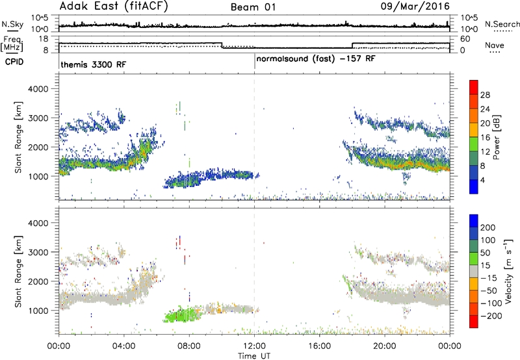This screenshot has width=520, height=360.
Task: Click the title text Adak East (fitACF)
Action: pos(114,6)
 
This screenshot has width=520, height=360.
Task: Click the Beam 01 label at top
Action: pos(253,7)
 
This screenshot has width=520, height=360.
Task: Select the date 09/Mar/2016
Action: pos(415,6)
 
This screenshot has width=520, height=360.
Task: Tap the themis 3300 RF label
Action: pos(93,64)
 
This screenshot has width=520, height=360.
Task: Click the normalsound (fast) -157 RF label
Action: pos(316,59)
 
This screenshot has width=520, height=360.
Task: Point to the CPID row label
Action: pos(14,62)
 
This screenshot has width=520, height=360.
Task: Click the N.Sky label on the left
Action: pos(12,24)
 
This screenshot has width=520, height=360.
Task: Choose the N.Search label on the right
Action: pos(502,24)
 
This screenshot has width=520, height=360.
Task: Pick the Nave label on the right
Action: pos(495,45)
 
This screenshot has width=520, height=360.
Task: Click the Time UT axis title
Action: pos(254,356)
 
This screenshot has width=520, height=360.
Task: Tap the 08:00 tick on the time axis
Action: pos(189,346)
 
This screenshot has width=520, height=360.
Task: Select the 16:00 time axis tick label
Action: pos(319,346)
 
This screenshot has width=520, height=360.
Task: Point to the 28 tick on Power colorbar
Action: pos(485,95)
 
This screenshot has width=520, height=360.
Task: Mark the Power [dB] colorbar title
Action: pos(497,137)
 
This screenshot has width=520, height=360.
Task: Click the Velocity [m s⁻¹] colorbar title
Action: pos(508,271)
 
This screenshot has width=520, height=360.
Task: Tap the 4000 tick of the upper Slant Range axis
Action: pos(38,89)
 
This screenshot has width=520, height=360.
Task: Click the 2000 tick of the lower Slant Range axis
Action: pos(38,281)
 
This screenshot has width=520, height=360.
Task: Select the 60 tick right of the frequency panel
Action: pos(465,39)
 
